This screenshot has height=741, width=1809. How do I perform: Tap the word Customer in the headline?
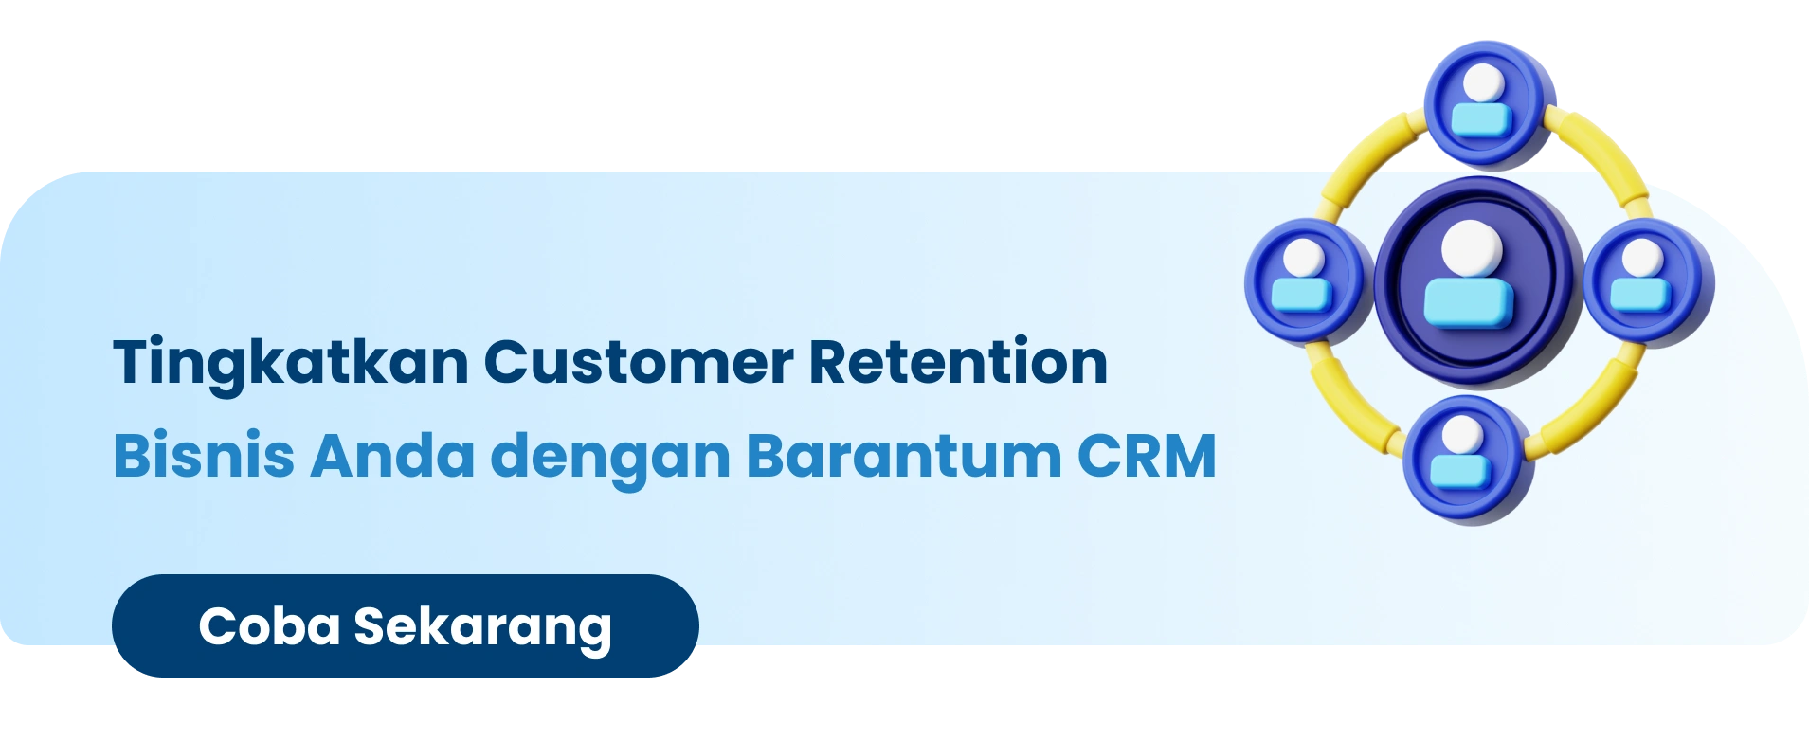click(x=640, y=363)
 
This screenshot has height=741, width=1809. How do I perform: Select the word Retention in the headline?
click(x=958, y=362)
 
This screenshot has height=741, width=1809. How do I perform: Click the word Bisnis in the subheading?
click(x=204, y=456)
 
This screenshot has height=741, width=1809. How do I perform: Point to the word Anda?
click(x=392, y=456)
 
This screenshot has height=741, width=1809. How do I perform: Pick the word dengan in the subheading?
click(x=610, y=460)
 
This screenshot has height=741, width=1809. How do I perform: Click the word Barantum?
click(x=904, y=456)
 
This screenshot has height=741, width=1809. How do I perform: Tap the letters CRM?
click(x=1147, y=456)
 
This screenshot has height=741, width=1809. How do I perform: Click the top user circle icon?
click(x=1488, y=103)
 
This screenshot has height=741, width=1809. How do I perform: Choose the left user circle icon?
click(x=1309, y=280)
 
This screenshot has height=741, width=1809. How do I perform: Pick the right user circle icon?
click(x=1647, y=281)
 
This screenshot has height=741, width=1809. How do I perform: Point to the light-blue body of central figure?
click(x=1469, y=302)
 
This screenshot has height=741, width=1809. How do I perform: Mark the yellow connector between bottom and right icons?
click(x=1588, y=402)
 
